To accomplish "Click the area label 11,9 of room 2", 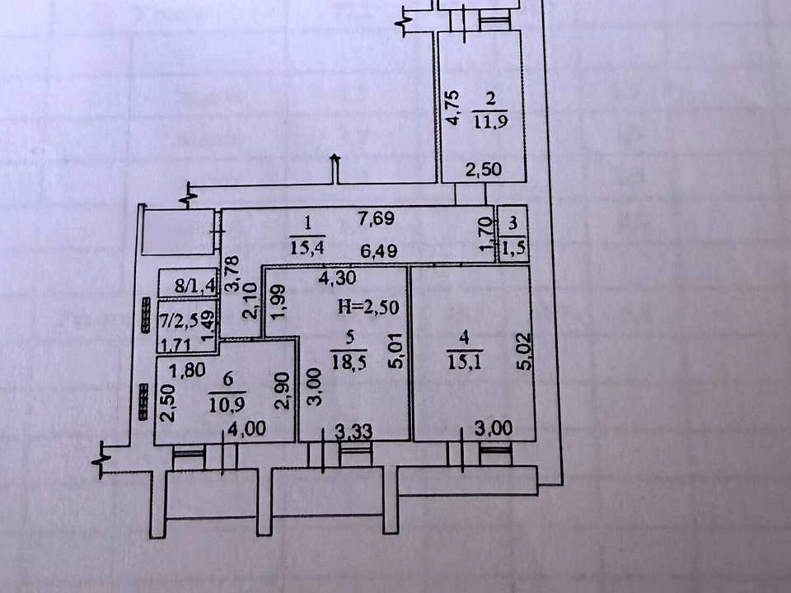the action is coord(489,122).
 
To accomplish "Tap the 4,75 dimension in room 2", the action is coord(453,107).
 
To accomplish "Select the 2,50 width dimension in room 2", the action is coord(484,170).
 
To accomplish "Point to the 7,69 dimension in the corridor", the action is coord(376,219).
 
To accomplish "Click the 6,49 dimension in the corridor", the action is coord(378,250).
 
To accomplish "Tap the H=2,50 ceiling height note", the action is coord(367,307).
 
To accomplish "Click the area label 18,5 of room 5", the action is coord(349,362).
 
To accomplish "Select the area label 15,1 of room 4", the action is coord(465,362).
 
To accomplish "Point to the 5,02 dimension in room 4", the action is coord(525,352).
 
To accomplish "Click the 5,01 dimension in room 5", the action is coord(396,351).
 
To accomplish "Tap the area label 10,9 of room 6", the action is coord(227,404).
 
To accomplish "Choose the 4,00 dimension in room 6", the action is coord(246,429).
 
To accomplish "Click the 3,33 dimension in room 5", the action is coord(353,431).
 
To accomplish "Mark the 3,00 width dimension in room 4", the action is coord(494,428).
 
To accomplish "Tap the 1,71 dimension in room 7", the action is coord(175,345).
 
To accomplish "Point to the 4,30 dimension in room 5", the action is coord(337,278).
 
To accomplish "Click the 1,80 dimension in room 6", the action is coord(187,371).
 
